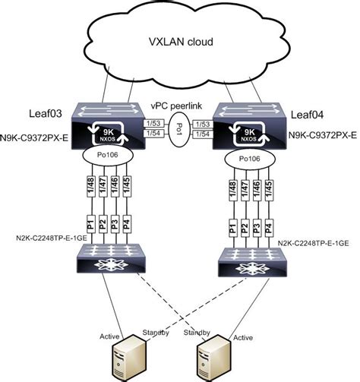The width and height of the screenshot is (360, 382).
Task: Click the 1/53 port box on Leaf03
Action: tap(153, 121)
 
